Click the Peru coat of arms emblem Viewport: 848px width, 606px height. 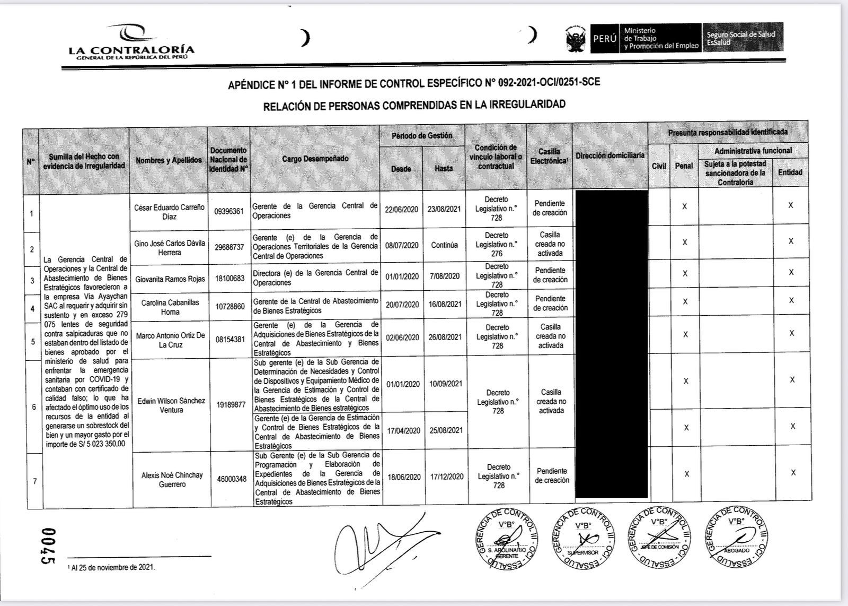(x=575, y=39)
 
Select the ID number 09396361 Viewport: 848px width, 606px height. (x=229, y=211)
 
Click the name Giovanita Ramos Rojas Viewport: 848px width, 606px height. (x=170, y=279)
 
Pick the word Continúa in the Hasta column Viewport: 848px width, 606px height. (x=444, y=245)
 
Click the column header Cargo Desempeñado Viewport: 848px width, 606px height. (x=315, y=159)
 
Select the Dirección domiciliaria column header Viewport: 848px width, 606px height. (x=610, y=155)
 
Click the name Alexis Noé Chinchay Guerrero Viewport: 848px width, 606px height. (x=172, y=480)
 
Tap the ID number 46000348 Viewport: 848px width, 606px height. (x=232, y=479)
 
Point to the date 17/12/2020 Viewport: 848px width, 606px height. (x=447, y=477)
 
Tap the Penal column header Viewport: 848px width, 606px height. (x=684, y=166)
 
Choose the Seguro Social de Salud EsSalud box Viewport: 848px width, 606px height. (x=742, y=38)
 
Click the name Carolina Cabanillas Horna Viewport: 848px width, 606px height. (x=170, y=307)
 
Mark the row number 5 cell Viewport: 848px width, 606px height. (x=33, y=341)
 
